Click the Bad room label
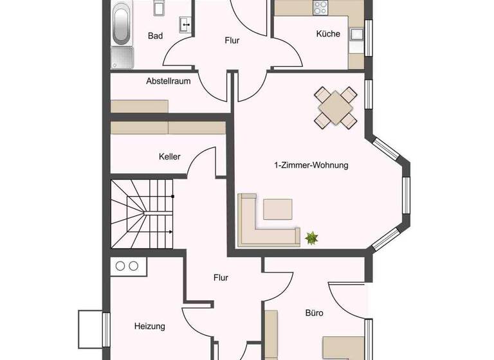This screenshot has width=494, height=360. (x=155, y=36)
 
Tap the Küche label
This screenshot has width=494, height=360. (x=328, y=34)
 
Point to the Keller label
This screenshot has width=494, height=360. (x=170, y=156)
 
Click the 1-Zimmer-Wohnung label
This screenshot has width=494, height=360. (x=311, y=165)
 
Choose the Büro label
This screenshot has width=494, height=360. (x=315, y=313)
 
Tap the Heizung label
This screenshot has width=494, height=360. (x=149, y=326)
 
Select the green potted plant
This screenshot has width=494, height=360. (x=312, y=239)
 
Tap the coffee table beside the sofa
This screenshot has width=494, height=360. (x=278, y=209)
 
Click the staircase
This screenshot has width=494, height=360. (x=142, y=213)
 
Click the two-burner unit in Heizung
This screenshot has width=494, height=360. (x=127, y=265)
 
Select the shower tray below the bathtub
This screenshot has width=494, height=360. (x=122, y=57)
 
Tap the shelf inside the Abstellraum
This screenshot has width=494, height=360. (x=140, y=106)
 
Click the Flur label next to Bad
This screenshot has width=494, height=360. (x=232, y=40)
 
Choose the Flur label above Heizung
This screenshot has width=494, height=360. (x=221, y=278)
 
